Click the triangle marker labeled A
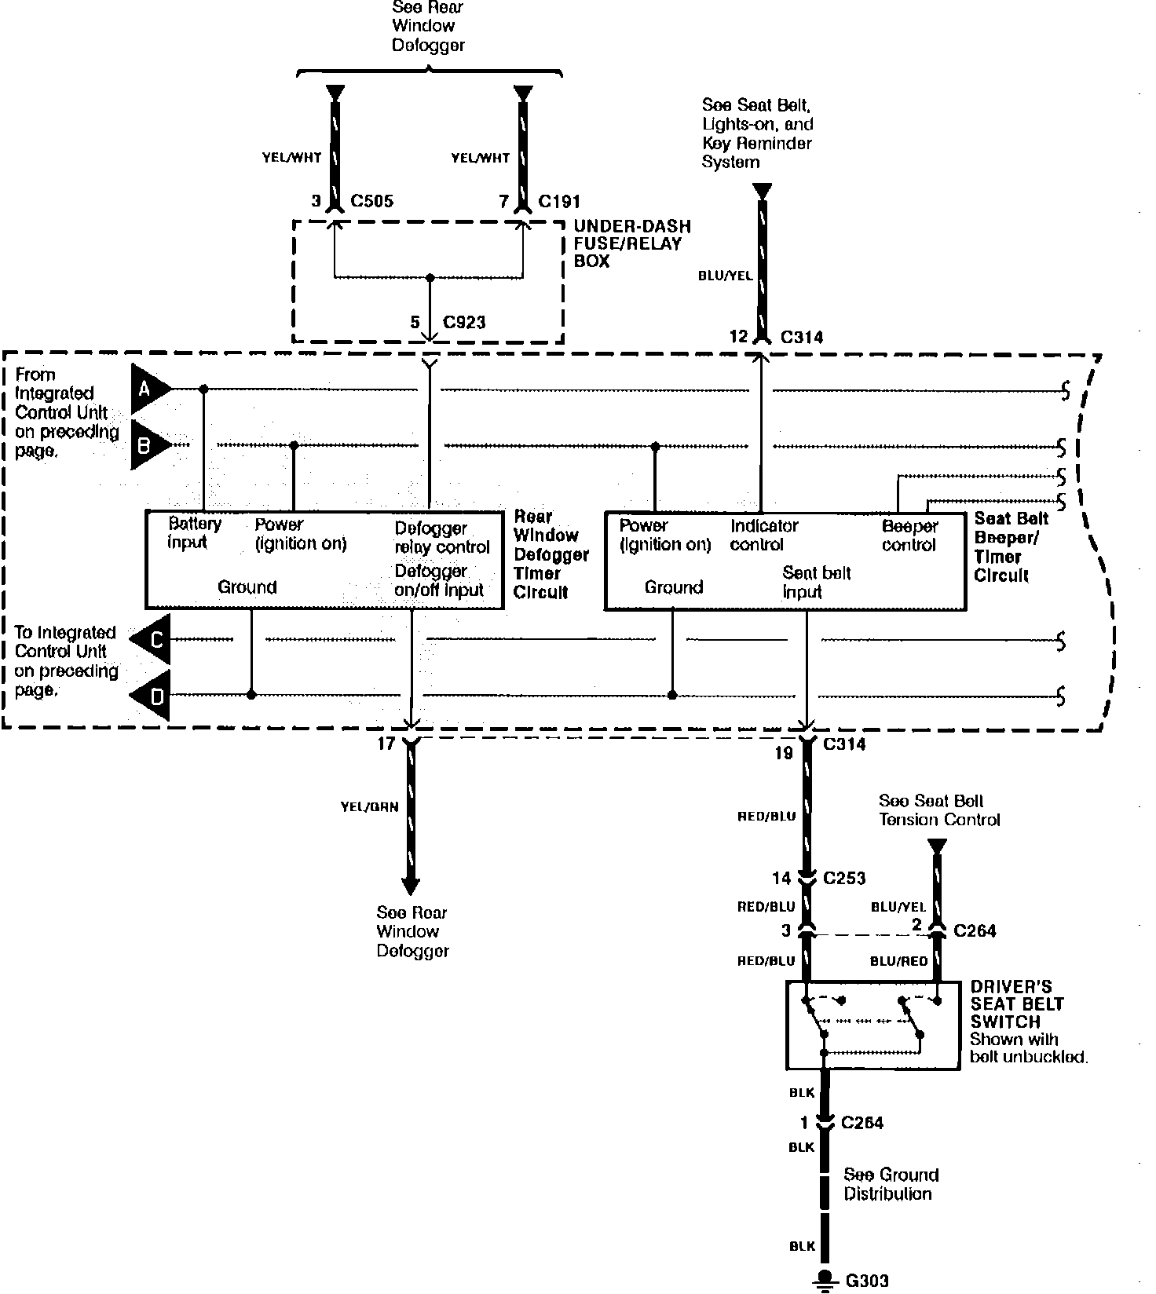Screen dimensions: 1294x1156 click(x=148, y=389)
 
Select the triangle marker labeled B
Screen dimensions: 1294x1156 click(x=148, y=445)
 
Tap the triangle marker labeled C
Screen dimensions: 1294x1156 click(x=153, y=640)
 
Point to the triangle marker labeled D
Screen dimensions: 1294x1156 click(x=153, y=695)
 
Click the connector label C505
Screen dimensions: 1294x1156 click(x=371, y=201)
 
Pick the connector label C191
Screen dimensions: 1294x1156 click(x=559, y=201)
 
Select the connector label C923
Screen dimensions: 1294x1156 click(x=464, y=322)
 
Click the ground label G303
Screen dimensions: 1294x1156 click(x=867, y=1281)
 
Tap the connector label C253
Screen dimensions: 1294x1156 click(x=844, y=878)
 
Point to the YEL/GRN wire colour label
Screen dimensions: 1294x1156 click(x=370, y=806)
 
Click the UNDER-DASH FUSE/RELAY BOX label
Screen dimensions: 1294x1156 click(x=632, y=243)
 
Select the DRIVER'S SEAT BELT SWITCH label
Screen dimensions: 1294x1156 click(x=1017, y=1004)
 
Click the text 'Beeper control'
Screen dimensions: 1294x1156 click(x=909, y=536)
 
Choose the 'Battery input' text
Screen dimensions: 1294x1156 click(x=194, y=532)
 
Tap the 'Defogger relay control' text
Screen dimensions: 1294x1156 click(x=441, y=537)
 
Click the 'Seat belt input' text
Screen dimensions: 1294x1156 click(x=816, y=582)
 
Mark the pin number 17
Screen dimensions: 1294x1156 click(x=386, y=743)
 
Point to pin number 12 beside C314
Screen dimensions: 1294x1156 click(x=738, y=337)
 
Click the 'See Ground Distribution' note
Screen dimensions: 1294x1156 click(x=891, y=1184)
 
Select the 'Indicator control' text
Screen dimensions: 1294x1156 click(x=763, y=535)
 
